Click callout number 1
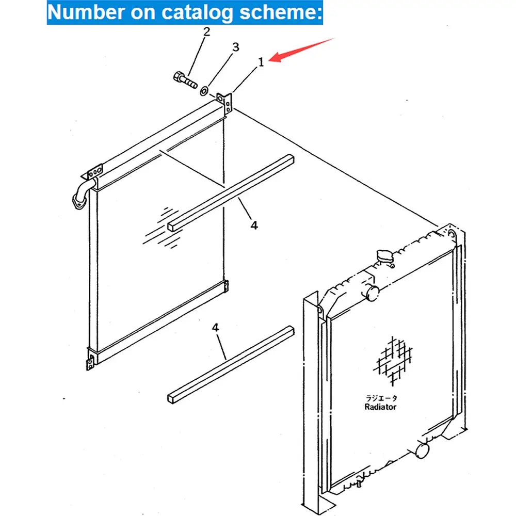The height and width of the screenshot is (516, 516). coord(261,62)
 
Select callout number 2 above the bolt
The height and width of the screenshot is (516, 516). coord(206,32)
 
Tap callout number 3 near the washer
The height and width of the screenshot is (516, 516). coord(235,47)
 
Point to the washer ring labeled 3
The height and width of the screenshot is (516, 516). coord(204,91)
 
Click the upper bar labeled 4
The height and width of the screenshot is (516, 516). coord(231,191)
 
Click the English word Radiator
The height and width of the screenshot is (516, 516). coord(380,407)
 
